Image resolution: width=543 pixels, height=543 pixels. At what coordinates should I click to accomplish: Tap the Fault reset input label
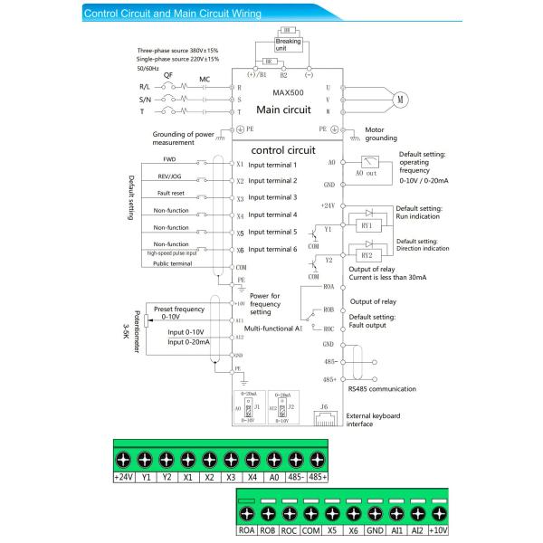(170, 193)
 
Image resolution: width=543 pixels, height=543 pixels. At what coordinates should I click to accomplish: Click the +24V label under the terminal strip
(123, 476)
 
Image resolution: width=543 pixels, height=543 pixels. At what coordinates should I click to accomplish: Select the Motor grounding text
(381, 134)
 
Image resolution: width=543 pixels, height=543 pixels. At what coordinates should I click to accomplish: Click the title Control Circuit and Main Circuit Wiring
(172, 14)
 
